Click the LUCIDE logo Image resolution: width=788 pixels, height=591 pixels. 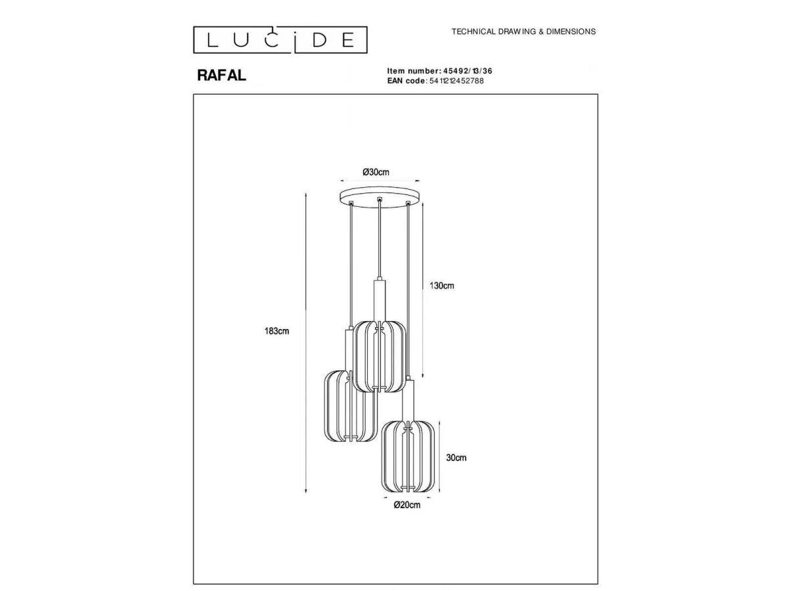pyautogui.click(x=280, y=39)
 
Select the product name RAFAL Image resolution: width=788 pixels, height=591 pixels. pyautogui.click(x=221, y=76)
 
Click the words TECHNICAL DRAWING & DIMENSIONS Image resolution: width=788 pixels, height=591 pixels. pyautogui.click(x=523, y=32)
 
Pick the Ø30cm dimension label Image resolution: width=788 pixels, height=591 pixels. pyautogui.click(x=376, y=172)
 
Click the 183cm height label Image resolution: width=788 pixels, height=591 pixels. pyautogui.click(x=277, y=331)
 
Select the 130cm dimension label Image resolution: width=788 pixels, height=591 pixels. pyautogui.click(x=442, y=286)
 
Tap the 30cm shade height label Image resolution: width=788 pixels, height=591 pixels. pyautogui.click(x=456, y=458)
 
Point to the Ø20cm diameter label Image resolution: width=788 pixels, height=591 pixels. pyautogui.click(x=407, y=505)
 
